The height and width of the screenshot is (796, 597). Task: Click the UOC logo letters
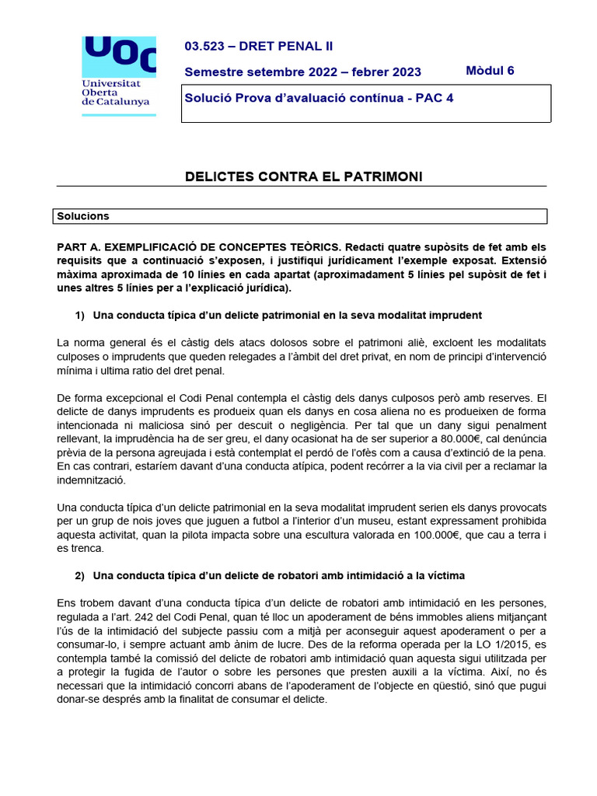coord(119,54)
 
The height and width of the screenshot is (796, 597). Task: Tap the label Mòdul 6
coord(490,71)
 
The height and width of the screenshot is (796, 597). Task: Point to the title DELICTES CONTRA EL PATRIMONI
coord(303,177)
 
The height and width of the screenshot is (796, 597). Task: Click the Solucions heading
coord(83,216)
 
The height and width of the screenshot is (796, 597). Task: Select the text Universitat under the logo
coord(111,82)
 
